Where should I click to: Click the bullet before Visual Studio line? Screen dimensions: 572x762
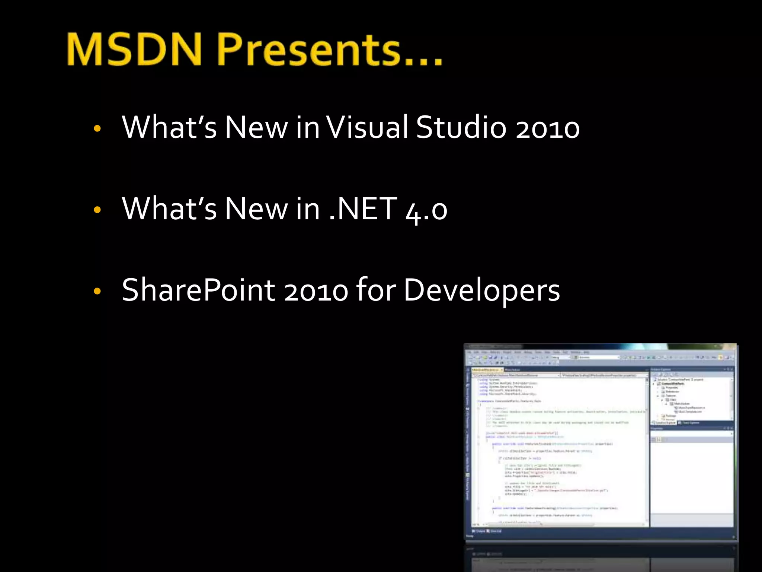tap(97, 129)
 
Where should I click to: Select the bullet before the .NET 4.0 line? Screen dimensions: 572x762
tap(97, 210)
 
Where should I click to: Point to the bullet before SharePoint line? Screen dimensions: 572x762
tap(97, 291)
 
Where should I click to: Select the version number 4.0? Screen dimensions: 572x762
tap(426, 211)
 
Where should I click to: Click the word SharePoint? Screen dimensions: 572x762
tap(198, 290)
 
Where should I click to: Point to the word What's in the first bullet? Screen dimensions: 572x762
tap(169, 127)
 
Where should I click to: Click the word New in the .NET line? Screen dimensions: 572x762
tap(256, 209)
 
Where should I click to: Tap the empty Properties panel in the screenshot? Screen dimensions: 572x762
tap(691, 484)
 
